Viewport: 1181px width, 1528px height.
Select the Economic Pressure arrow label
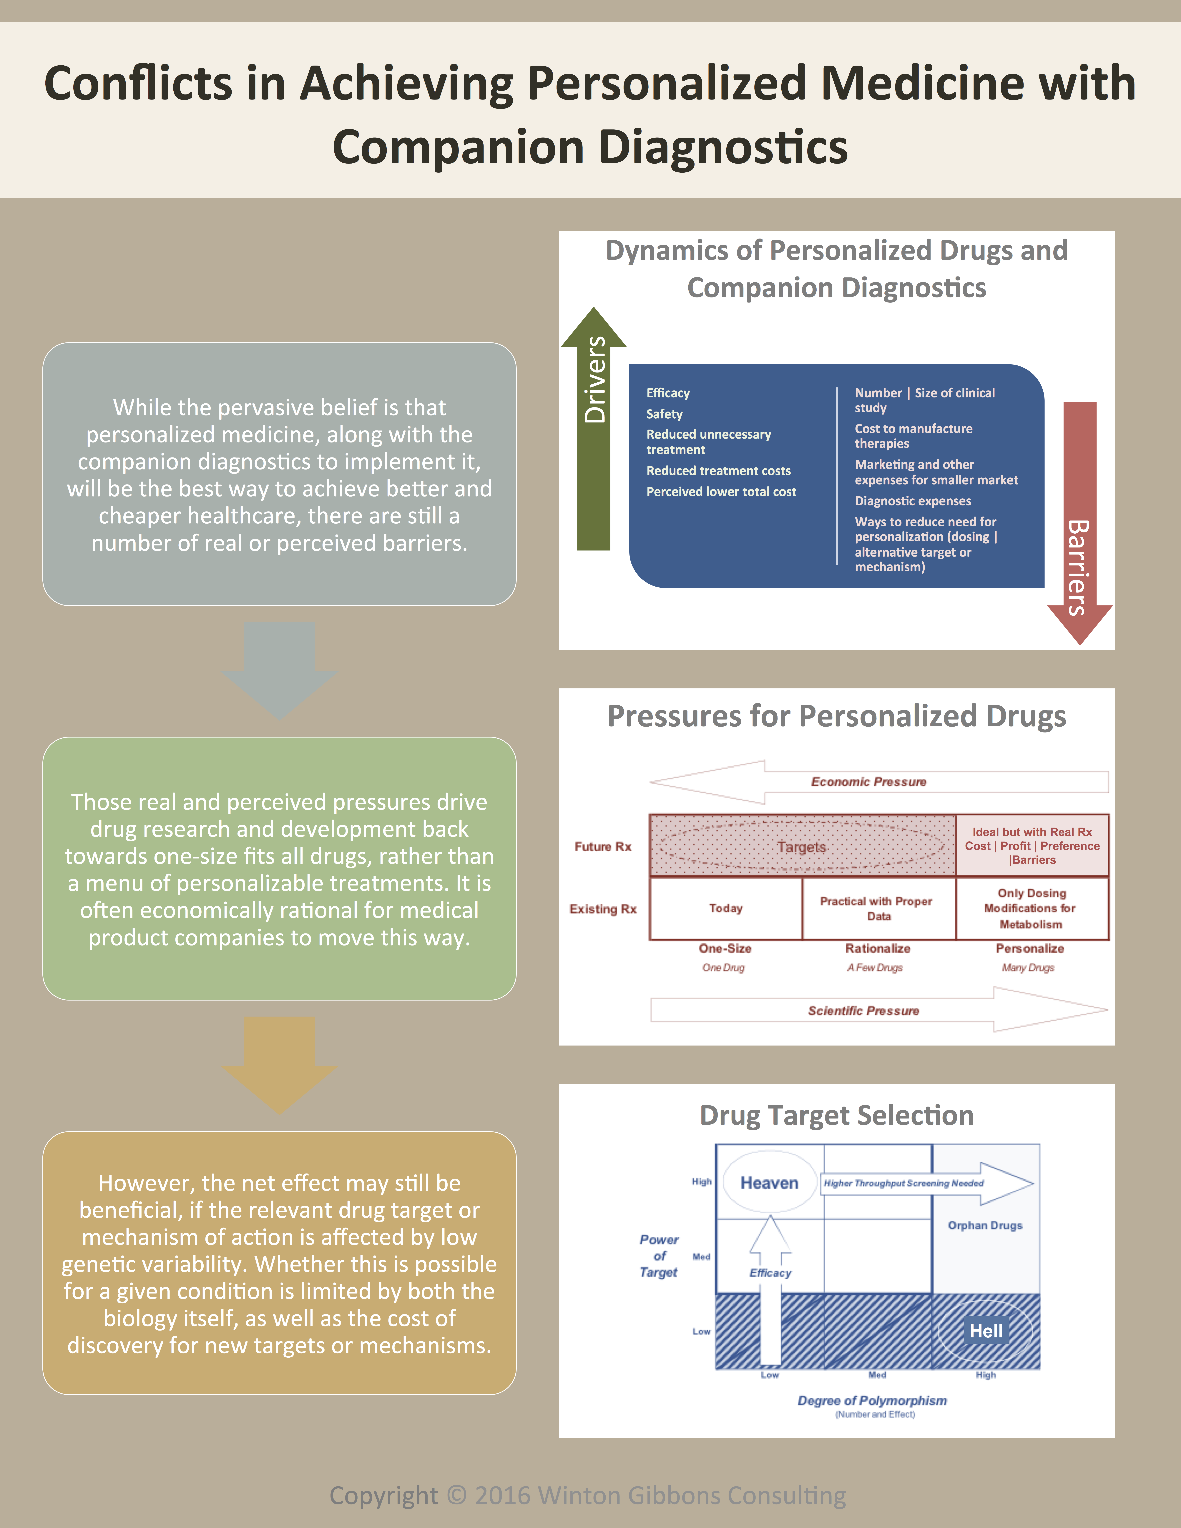pyautogui.click(x=868, y=781)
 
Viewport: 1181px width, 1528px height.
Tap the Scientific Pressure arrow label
pyautogui.click(x=863, y=1010)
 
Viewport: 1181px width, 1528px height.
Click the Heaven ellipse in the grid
pyautogui.click(x=769, y=1182)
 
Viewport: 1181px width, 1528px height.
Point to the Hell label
pyautogui.click(x=986, y=1331)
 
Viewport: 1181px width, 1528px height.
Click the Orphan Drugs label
pyautogui.click(x=984, y=1225)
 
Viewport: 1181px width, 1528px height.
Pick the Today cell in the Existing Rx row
pyautogui.click(x=725, y=908)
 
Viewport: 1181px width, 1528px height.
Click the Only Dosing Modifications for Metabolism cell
pyautogui.click(x=1031, y=908)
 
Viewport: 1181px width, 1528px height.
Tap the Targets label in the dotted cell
pyautogui.click(x=801, y=847)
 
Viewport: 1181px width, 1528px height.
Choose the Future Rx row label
pyautogui.click(x=602, y=847)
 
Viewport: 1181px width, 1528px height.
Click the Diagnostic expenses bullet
pyautogui.click(x=912, y=501)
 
